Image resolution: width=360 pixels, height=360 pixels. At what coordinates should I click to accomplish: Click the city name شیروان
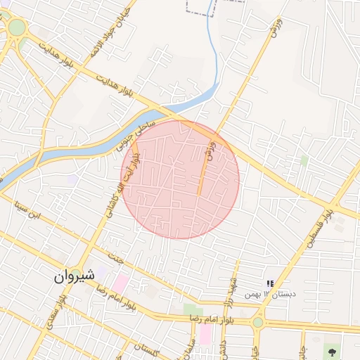coord(74,276)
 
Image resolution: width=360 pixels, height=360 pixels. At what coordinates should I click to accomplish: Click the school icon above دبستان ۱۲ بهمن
coord(270,283)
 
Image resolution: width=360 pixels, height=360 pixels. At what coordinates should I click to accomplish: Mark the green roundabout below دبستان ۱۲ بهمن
coord(258,322)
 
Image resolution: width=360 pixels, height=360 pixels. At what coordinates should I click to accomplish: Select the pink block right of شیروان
coord(121,284)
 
